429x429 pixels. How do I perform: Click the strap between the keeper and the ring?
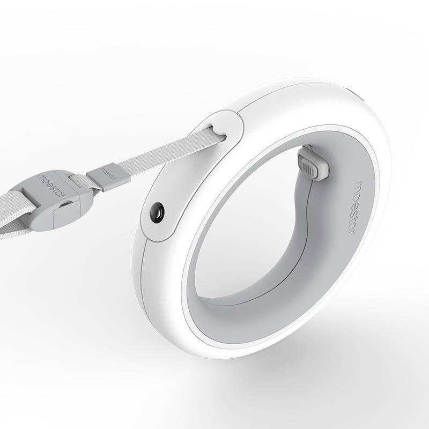coord(161,153)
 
